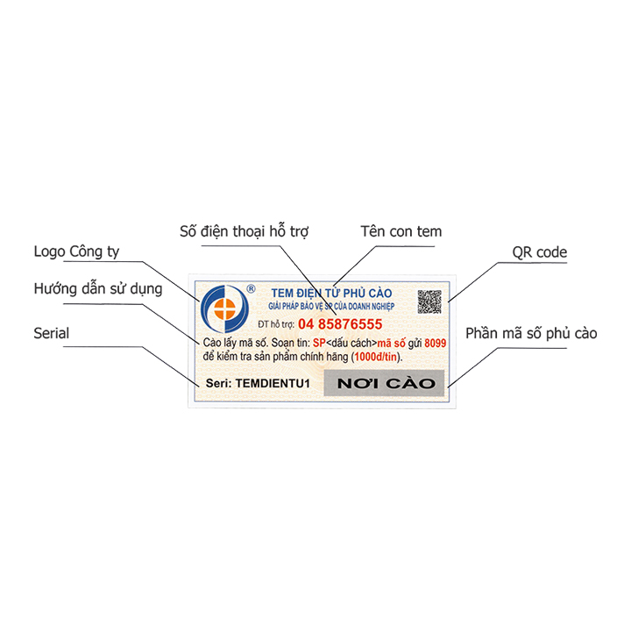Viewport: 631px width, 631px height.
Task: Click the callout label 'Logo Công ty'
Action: [x=76, y=252]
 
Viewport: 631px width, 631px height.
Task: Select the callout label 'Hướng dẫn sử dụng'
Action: [x=98, y=289]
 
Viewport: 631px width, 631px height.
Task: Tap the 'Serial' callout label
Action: [x=51, y=333]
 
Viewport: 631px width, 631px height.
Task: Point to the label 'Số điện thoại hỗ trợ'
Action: [x=244, y=231]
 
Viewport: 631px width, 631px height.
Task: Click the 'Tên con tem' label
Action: [x=401, y=231]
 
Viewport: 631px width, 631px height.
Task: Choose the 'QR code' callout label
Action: [x=539, y=252]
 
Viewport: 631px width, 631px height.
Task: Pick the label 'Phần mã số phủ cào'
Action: [x=531, y=333]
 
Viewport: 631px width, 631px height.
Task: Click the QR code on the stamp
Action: [x=429, y=301]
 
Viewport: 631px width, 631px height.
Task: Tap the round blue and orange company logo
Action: [x=224, y=308]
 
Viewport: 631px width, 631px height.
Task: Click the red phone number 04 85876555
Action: [x=340, y=324]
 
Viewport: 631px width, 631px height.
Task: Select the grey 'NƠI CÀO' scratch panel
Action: [x=385, y=383]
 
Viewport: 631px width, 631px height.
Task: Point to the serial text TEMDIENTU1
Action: [x=273, y=383]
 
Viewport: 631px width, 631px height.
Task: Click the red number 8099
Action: [x=436, y=344]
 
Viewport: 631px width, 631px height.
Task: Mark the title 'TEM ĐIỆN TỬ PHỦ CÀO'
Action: [x=331, y=293]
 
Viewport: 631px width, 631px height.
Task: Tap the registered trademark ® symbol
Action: [x=251, y=288]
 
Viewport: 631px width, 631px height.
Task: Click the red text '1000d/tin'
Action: [x=375, y=357]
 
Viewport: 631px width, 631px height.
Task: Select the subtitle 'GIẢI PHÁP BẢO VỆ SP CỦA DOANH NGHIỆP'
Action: [x=331, y=306]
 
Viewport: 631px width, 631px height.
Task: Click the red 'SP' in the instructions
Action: [x=319, y=344]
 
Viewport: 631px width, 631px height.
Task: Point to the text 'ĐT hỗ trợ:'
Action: [x=276, y=324]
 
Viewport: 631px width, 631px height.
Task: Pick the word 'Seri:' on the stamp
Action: [x=218, y=383]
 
